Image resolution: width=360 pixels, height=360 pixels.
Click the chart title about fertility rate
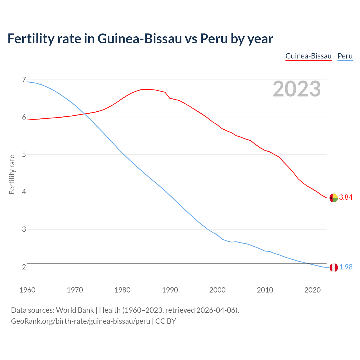140,39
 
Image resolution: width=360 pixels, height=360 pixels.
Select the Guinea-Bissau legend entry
308,56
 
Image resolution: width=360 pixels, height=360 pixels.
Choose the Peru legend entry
345,56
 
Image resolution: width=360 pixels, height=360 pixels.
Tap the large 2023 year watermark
296,89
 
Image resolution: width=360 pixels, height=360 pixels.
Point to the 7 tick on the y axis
24,80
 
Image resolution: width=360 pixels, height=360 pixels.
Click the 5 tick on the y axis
24,155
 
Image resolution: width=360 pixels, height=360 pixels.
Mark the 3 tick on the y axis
24,229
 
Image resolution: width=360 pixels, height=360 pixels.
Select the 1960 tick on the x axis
27,290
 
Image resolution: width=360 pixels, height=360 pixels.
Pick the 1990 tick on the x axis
170,290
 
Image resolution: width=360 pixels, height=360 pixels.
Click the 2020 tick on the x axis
312,290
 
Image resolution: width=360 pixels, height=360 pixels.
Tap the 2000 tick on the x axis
217,290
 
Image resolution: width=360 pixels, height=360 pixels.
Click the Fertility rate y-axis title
12,174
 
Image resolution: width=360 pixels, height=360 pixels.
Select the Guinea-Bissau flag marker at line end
334,198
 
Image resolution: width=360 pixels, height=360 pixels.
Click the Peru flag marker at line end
334,267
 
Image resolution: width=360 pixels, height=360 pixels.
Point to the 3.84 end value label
346,197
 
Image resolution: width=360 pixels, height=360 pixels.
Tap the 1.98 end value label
346,267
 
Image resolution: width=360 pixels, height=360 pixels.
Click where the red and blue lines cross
84,114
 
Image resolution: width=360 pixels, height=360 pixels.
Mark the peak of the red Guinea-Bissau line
146,89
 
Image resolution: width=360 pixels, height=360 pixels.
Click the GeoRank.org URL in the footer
80,321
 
